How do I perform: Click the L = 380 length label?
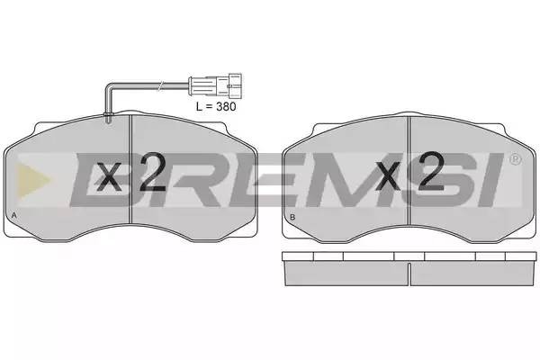[216, 106]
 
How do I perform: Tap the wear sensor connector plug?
[215, 85]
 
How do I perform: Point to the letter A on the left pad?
[13, 215]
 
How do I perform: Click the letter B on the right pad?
[292, 217]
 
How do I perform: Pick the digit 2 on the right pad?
[431, 171]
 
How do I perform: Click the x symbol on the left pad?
[109, 176]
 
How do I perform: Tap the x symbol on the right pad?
[388, 176]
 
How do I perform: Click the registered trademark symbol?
[515, 159]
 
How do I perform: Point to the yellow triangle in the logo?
[32, 180]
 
